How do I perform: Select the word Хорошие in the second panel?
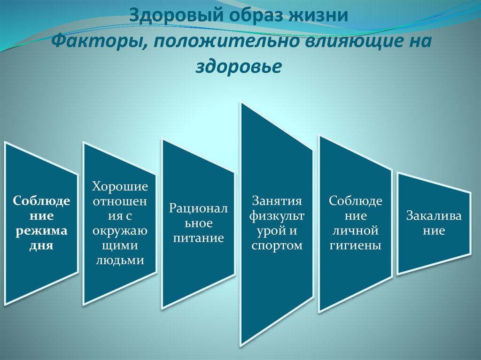(120, 187)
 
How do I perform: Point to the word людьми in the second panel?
(120, 260)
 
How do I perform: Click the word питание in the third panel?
(198, 238)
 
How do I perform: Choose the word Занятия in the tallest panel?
(277, 201)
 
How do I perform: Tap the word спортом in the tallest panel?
(277, 245)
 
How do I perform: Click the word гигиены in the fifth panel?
(355, 245)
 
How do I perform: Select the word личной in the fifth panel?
(355, 230)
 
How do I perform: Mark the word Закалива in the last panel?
(434, 216)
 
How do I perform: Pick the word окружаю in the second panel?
(120, 231)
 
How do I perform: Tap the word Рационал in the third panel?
(198, 208)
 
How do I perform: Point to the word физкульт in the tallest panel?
(277, 216)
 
